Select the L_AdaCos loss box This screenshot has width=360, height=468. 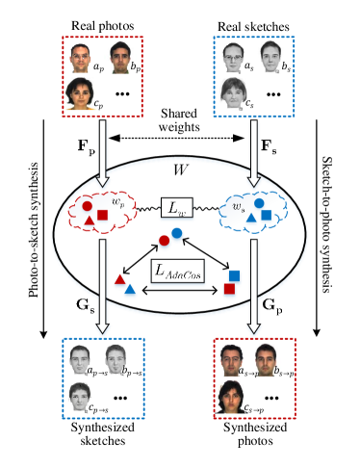[x=177, y=273]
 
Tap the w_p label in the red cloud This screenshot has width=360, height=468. [x=118, y=201]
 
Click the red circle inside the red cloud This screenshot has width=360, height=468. [x=88, y=206]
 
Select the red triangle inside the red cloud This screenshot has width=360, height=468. [x=89, y=223]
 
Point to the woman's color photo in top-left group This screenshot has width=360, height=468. [x=81, y=93]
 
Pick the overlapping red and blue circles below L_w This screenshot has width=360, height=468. [x=170, y=237]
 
